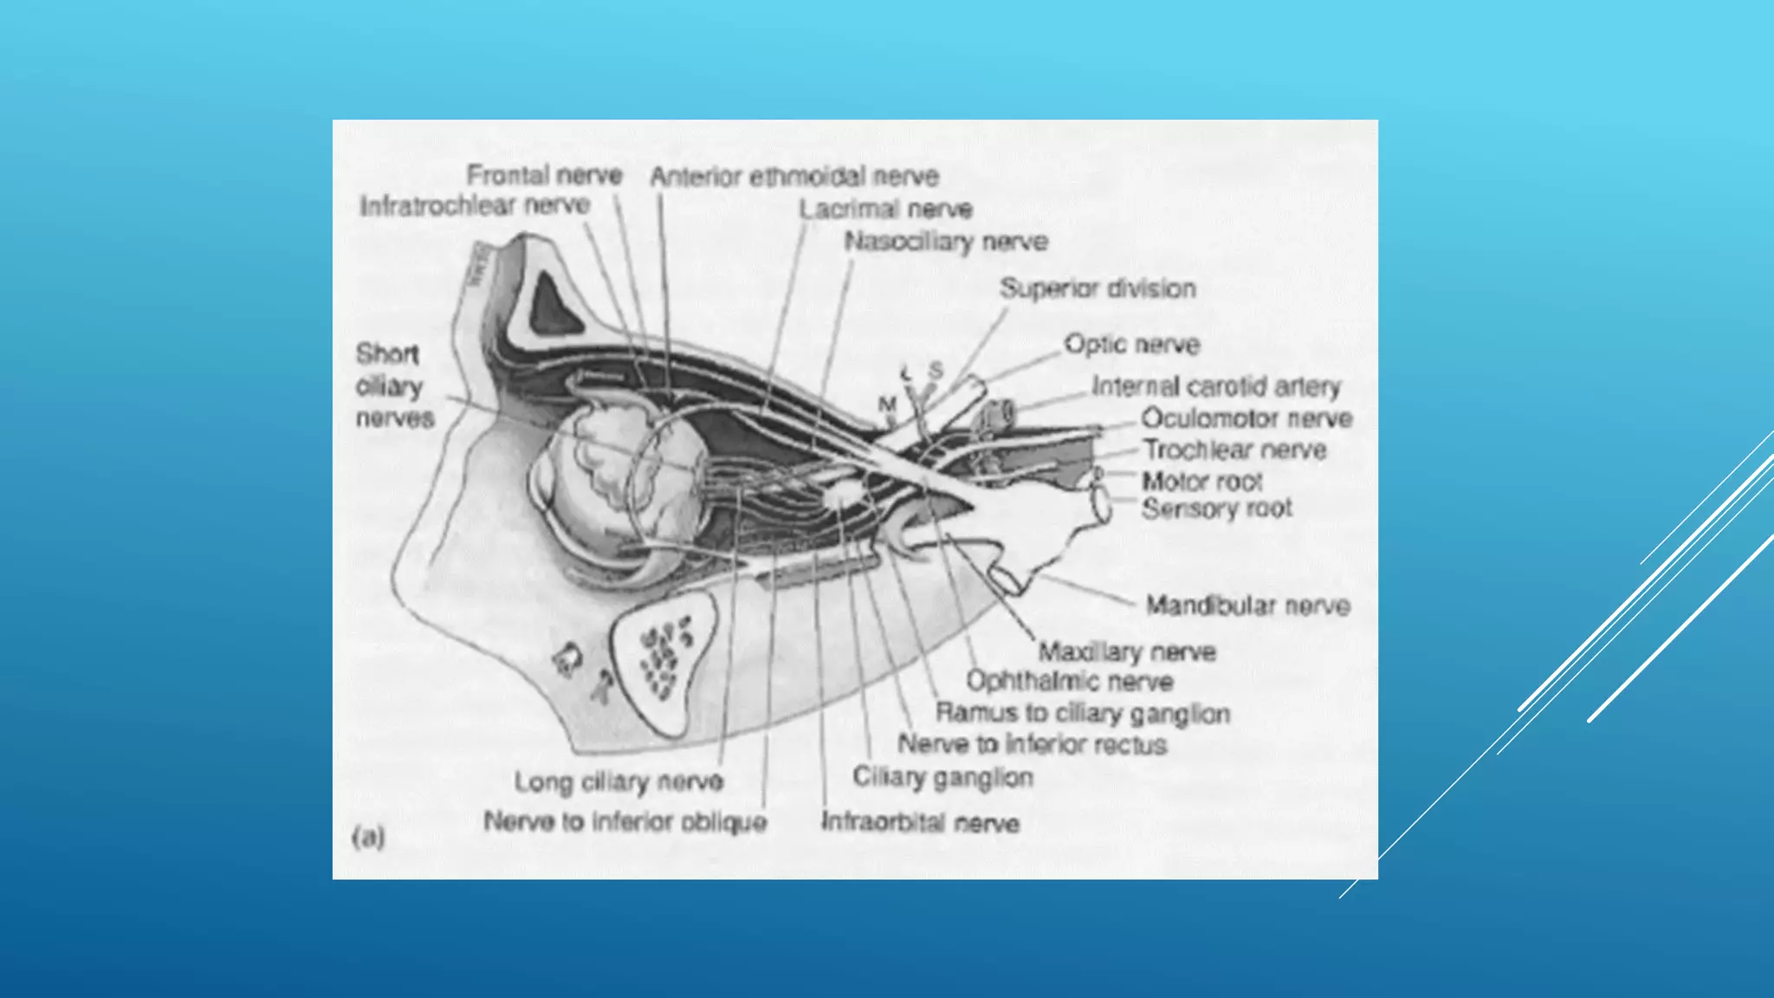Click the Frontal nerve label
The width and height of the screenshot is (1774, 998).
(544, 175)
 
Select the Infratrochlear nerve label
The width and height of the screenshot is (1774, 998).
(474, 206)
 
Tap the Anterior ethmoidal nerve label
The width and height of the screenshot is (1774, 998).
(794, 177)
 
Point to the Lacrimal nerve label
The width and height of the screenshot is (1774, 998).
(885, 209)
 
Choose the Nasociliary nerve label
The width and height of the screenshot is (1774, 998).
(946, 241)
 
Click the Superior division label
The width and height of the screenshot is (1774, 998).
(1097, 288)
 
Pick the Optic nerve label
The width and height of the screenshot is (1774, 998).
(1131, 344)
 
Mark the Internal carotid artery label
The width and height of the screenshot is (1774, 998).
(1215, 386)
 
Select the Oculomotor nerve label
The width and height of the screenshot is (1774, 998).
(1246, 418)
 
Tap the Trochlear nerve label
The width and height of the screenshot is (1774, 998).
(1234, 450)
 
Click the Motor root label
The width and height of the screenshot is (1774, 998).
(1201, 481)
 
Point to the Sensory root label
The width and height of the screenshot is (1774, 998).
(1216, 509)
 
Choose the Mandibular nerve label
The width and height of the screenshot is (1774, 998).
(1247, 605)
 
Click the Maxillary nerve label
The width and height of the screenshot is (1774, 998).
(1127, 651)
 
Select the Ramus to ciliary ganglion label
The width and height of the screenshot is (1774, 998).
(1082, 713)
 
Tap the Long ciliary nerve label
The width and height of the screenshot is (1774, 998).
(618, 781)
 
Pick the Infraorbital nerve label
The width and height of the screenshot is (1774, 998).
(919, 821)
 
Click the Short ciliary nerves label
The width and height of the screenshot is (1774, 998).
(393, 386)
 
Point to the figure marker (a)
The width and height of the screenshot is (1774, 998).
(368, 837)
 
